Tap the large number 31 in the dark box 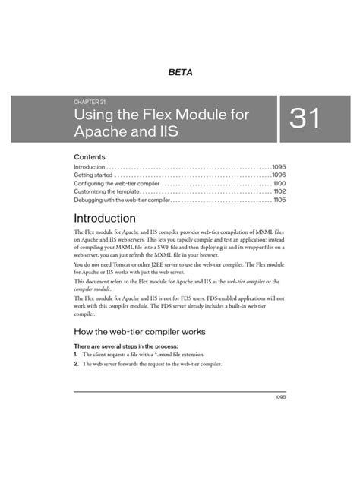(308, 120)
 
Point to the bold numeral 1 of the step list (75, 355)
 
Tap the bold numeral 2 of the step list (75, 365)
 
